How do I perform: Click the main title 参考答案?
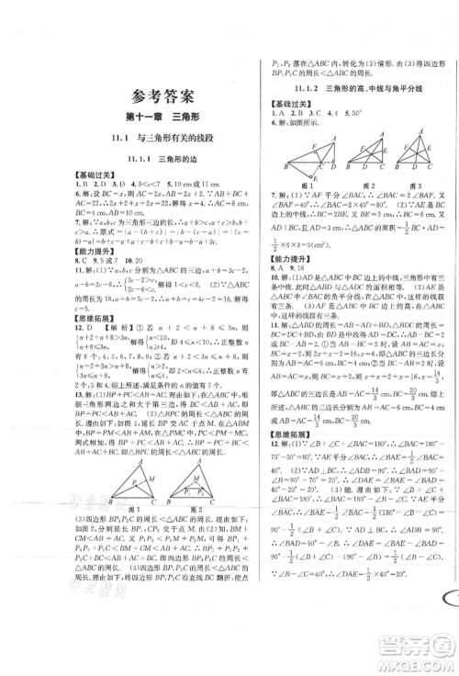point(145,96)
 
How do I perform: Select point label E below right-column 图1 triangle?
point(297,199)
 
